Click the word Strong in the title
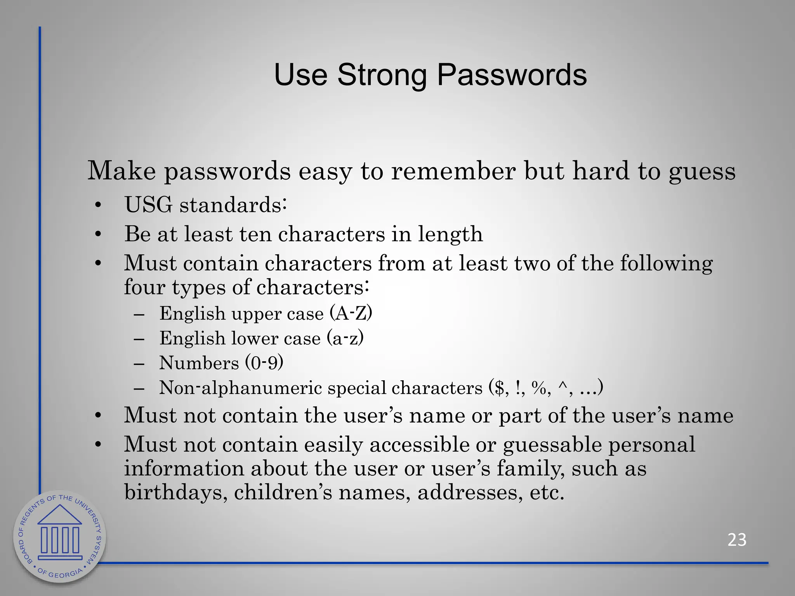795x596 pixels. pyautogui.click(x=382, y=75)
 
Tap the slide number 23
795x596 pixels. pyautogui.click(x=737, y=540)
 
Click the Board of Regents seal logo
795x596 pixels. pyautogui.click(x=60, y=537)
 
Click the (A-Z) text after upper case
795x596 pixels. pyautogui.click(x=351, y=313)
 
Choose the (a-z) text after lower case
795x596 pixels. pyautogui.click(x=345, y=338)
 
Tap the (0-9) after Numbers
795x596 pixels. pyautogui.click(x=264, y=362)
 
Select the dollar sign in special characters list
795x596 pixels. pyautogui.click(x=498, y=388)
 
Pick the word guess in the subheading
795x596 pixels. pyautogui.click(x=702, y=172)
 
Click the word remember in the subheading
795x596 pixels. pyautogui.click(x=453, y=171)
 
